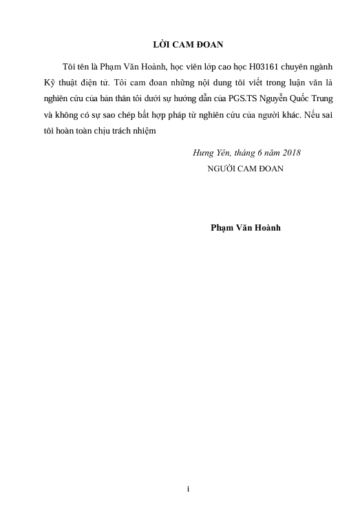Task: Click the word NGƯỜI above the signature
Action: pyautogui.click(x=222, y=167)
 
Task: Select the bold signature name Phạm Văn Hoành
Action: pyautogui.click(x=245, y=228)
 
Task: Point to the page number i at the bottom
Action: pyautogui.click(x=188, y=489)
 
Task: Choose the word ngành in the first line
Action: pyautogui.click(x=322, y=66)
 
